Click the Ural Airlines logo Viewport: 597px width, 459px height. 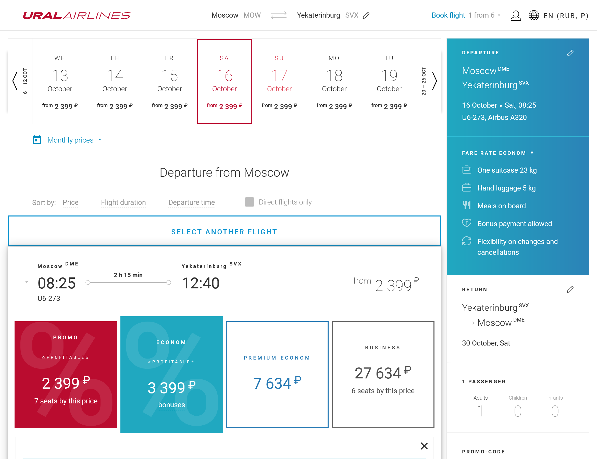coord(77,15)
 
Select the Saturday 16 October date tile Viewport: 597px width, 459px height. coord(225,81)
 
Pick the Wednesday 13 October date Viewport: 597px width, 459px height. coord(60,81)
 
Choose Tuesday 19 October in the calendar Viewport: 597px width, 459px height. coord(389,81)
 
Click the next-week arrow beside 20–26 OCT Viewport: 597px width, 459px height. coord(434,81)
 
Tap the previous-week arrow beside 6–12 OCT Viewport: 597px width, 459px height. coord(15,81)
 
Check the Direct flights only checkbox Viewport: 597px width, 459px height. coord(249,202)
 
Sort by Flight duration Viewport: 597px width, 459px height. coord(123,202)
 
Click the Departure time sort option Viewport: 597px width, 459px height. coord(191,202)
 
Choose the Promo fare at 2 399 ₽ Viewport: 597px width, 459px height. coord(66,374)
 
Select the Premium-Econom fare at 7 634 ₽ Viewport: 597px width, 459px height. coord(277,374)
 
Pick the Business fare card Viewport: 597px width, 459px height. coord(383,374)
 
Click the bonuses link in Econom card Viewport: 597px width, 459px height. coord(171,405)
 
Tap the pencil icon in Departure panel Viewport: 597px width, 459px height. coord(570,53)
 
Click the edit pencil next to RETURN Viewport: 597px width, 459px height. coord(570,290)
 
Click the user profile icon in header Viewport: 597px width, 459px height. coord(516,16)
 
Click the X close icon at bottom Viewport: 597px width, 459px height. coord(424,446)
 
